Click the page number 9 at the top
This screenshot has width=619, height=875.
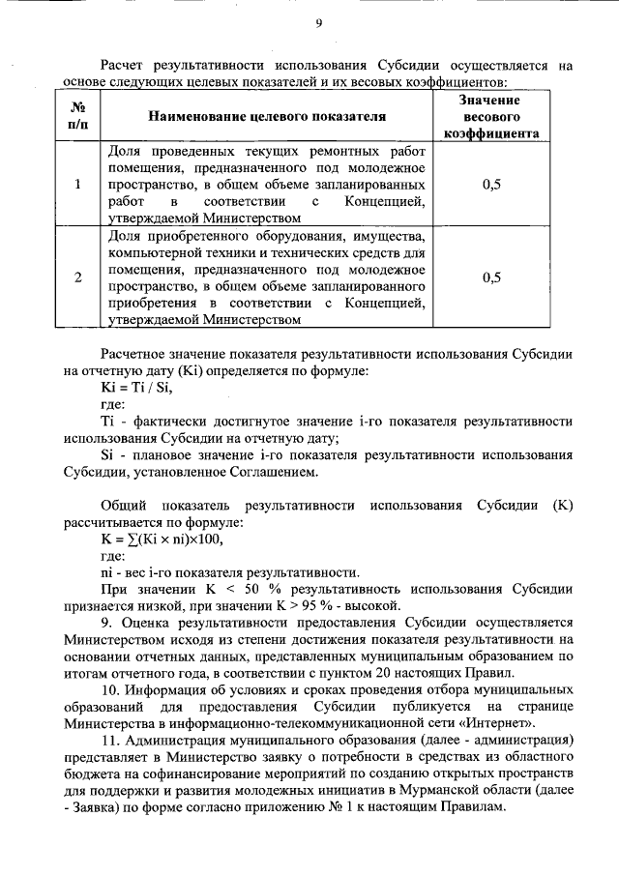click(x=318, y=23)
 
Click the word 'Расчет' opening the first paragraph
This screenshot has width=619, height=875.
click(x=124, y=66)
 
